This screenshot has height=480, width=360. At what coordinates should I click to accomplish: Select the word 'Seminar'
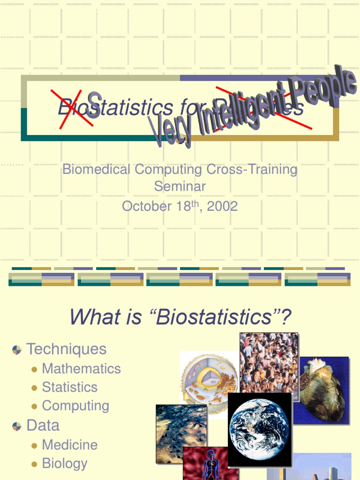[x=180, y=186]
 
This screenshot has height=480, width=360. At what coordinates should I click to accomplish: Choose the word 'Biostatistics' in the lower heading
[x=215, y=317]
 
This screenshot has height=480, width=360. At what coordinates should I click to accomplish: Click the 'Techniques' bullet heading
[x=67, y=349]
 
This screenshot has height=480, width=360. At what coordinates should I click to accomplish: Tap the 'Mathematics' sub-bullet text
[x=82, y=368]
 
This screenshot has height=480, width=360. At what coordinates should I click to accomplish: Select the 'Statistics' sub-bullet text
[x=70, y=387]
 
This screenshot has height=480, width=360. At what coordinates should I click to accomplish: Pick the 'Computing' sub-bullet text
[x=75, y=406]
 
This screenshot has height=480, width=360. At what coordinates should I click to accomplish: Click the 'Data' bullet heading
[x=43, y=426]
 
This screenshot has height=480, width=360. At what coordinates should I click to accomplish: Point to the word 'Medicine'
[x=70, y=444]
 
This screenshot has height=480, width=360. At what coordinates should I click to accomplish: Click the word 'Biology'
[x=65, y=463]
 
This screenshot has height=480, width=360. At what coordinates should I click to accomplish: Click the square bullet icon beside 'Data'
[x=17, y=426]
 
